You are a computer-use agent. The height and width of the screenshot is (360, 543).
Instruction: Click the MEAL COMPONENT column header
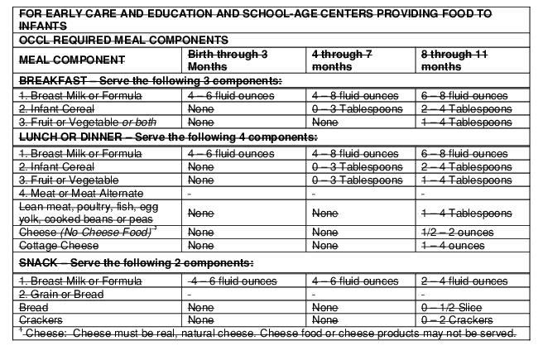(72, 60)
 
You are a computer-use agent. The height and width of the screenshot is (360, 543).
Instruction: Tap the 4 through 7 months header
(343, 60)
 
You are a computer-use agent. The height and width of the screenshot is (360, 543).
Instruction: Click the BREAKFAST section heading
(149, 81)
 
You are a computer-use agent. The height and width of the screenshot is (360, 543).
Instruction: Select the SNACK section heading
(135, 263)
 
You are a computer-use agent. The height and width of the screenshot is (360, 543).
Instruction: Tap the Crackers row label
(40, 319)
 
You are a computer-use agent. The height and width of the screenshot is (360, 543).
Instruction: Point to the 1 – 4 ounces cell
(453, 246)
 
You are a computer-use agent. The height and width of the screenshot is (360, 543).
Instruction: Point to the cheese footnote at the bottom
(268, 334)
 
